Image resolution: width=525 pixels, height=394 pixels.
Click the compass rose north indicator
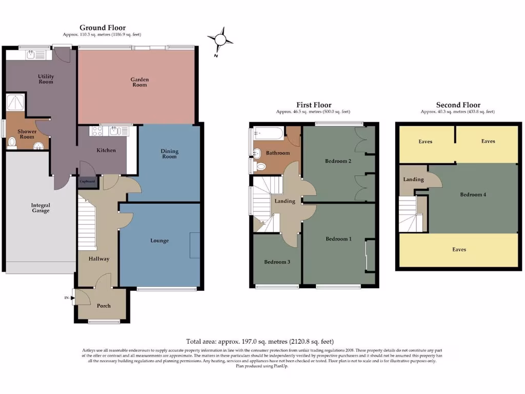click(x=220, y=40)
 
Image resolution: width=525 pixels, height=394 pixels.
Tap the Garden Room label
click(x=139, y=82)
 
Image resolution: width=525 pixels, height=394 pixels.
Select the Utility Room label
click(x=46, y=79)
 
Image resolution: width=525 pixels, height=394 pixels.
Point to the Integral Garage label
click(x=40, y=207)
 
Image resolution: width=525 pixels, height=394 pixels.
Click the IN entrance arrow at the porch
click(x=68, y=298)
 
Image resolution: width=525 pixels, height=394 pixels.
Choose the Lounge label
click(x=159, y=241)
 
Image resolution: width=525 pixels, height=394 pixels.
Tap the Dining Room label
click(x=170, y=153)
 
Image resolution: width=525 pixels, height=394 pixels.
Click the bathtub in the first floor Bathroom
click(x=268, y=135)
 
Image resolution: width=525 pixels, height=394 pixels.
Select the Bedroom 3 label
click(x=277, y=262)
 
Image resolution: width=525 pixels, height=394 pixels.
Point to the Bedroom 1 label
click(x=338, y=239)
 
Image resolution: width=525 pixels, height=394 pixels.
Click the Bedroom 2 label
click(x=338, y=161)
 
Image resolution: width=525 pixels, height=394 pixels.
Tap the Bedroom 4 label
click(x=473, y=194)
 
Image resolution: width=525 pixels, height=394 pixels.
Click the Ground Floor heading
click(x=103, y=28)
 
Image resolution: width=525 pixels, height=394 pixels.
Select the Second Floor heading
click(x=458, y=105)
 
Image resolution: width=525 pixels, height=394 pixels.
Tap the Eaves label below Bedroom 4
click(x=459, y=249)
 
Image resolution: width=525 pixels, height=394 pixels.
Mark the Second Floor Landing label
click(x=413, y=180)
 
